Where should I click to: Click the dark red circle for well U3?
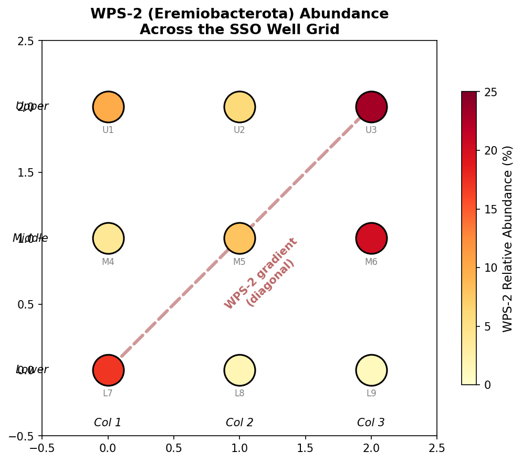(371, 107)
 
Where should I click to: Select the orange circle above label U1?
(108, 107)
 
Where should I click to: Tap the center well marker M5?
(239, 238)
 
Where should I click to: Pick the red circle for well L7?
(108, 370)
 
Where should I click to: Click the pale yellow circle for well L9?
(371, 370)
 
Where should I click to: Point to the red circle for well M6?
(371, 238)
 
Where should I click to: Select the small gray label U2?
(239, 130)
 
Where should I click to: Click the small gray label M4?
(108, 262)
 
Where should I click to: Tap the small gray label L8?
(239, 393)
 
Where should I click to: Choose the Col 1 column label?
(108, 423)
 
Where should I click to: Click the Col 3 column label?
(371, 423)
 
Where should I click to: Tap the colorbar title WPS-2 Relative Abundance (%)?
(507, 238)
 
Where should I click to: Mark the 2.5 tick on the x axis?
(436, 448)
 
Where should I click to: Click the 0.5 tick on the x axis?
(174, 448)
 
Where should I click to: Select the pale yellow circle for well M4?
(108, 238)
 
